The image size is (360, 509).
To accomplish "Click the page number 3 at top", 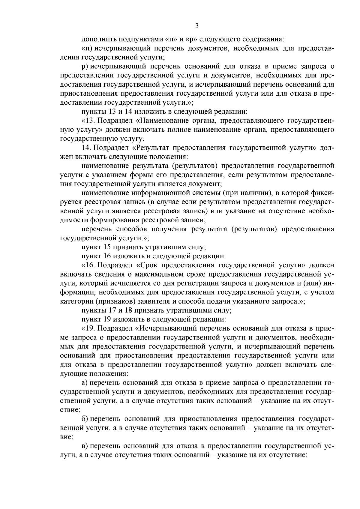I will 197,26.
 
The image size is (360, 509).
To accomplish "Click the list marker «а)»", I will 85,383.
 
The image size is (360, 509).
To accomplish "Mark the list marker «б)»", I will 85,419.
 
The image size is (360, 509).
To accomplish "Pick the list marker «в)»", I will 85,446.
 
